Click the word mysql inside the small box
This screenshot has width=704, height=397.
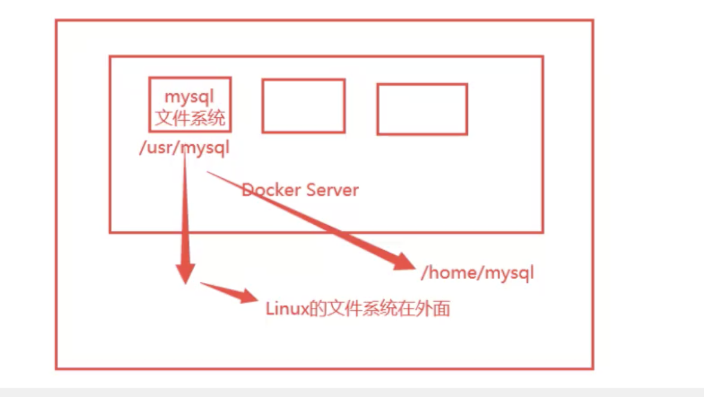189,96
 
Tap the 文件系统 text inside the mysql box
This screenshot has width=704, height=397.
189,118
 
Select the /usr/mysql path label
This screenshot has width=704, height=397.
184,148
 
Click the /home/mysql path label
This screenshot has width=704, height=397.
477,273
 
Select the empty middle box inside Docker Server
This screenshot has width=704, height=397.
304,106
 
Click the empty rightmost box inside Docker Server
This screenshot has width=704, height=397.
422,109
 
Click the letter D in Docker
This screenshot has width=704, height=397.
247,190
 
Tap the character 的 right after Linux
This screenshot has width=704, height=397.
316,309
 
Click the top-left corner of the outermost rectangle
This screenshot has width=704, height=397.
56,20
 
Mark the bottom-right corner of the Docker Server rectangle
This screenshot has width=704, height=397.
542,231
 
